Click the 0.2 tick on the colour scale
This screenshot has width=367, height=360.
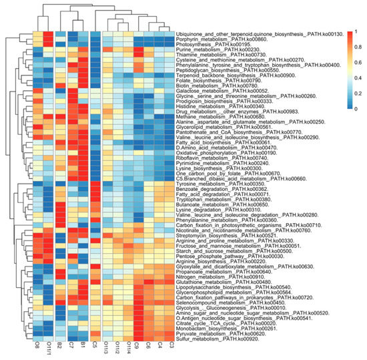357,92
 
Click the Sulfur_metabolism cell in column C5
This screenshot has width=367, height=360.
95,339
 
